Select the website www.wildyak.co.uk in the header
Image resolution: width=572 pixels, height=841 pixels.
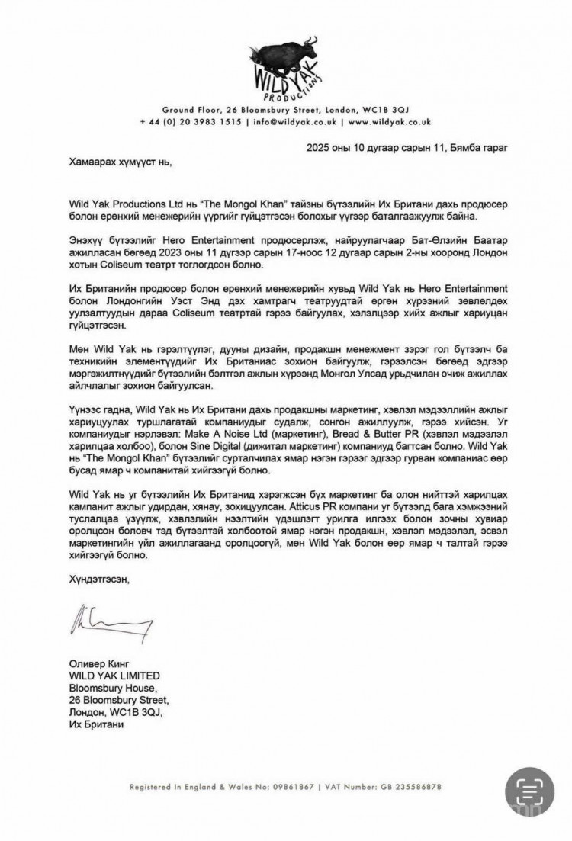(390, 121)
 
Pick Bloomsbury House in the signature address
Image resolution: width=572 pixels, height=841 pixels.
(108, 689)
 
